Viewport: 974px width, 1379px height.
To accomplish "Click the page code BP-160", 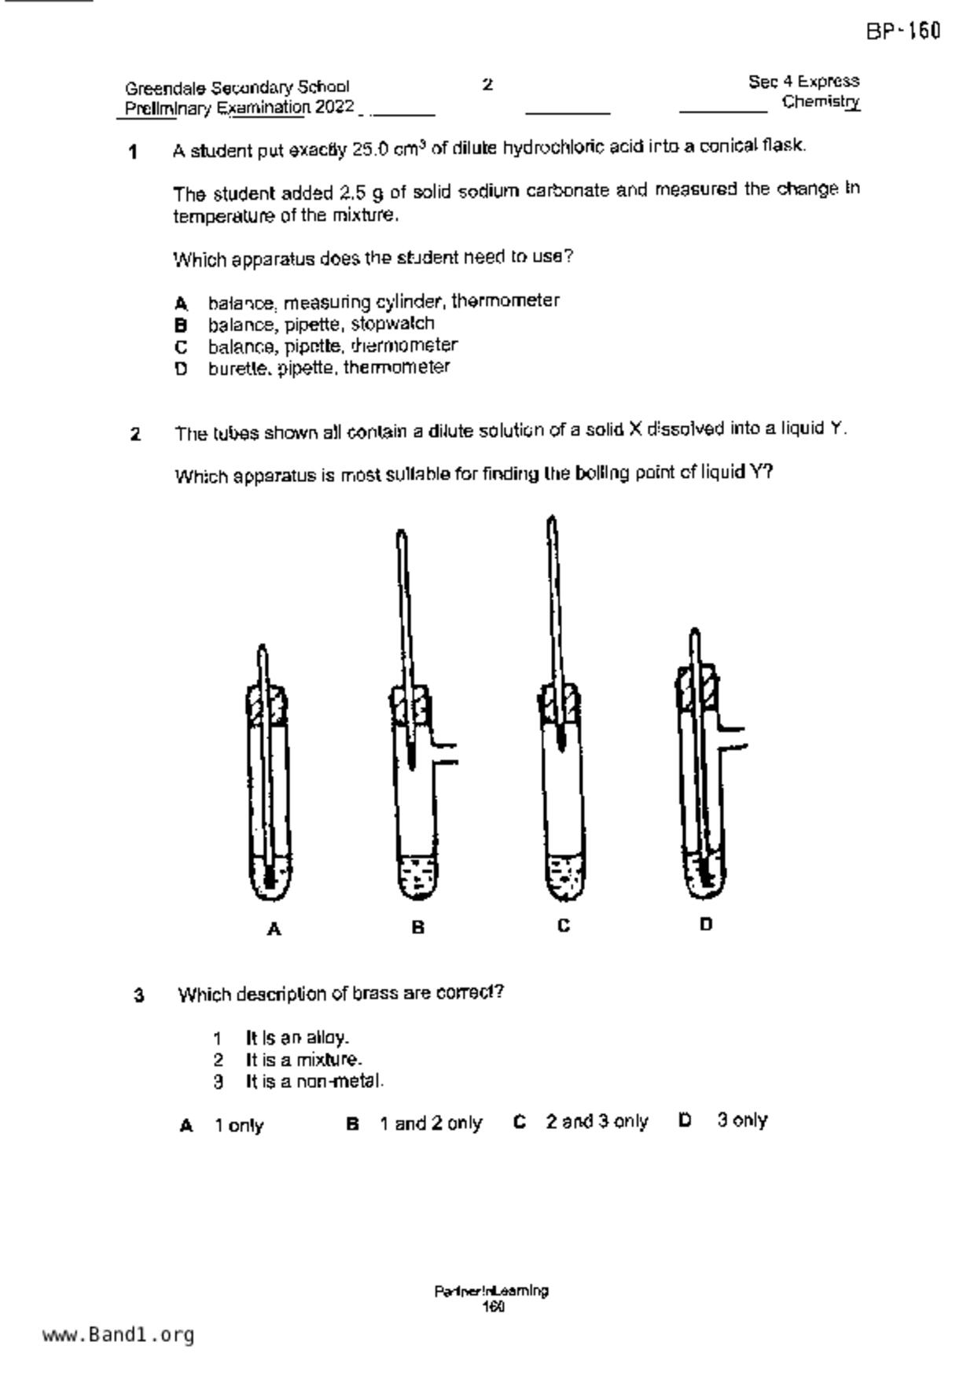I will [x=903, y=31].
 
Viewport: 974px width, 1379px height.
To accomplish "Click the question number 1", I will [x=134, y=152].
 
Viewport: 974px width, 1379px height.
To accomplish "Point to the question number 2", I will [x=135, y=434].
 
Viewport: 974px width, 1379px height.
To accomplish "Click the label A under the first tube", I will [x=274, y=929].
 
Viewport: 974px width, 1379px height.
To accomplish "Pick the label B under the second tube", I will [x=418, y=928].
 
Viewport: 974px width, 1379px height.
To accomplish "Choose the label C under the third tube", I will [x=564, y=926].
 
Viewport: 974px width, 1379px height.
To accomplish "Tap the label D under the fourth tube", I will [x=706, y=925].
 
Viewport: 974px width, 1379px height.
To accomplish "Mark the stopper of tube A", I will [x=267, y=704].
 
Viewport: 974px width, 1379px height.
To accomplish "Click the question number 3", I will [x=139, y=996].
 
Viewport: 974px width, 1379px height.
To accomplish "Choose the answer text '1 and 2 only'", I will [x=431, y=1123].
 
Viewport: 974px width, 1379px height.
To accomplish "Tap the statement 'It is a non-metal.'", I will [x=314, y=1082].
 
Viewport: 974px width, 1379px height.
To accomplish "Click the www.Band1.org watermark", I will [x=118, y=1335].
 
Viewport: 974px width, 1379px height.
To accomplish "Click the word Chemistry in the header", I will [x=821, y=102].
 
